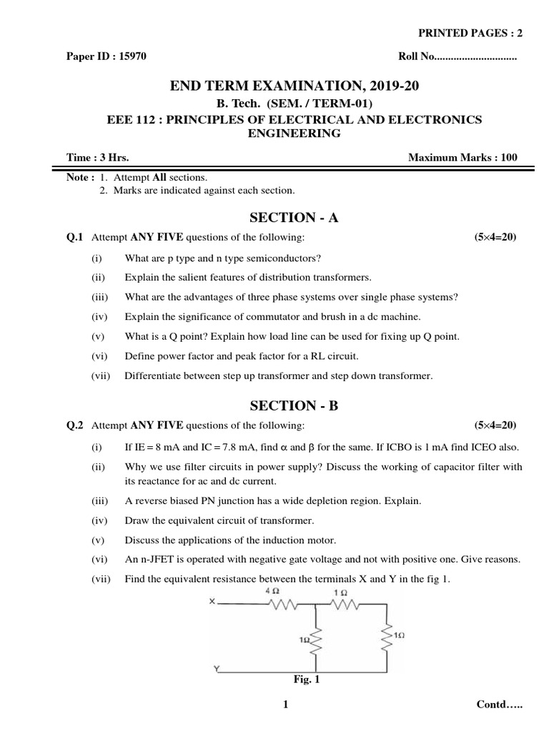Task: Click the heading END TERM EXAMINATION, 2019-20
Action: click(294, 86)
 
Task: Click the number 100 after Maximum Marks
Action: click(509, 158)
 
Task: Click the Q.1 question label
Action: click(75, 237)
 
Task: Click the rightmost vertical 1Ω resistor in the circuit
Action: click(387, 634)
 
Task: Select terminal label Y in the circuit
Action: click(215, 668)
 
